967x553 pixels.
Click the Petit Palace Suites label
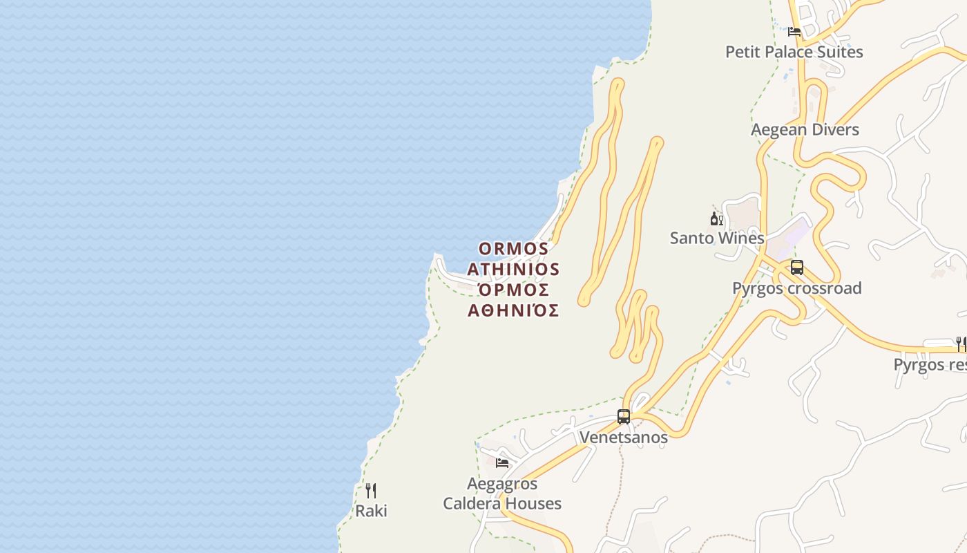(794, 52)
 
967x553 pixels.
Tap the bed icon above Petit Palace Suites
(794, 32)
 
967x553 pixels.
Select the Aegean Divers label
(805, 130)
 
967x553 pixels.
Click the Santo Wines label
(717, 238)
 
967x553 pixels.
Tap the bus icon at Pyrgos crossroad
(797, 268)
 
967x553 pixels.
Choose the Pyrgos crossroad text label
(796, 288)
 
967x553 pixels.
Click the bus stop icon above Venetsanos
(624, 417)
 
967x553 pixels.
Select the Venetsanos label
(624, 438)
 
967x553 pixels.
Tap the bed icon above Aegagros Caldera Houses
(502, 462)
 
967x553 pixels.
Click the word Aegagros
(502, 484)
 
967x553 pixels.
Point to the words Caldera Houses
(502, 504)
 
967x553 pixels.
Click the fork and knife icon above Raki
(371, 491)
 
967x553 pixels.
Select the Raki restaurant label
(371, 512)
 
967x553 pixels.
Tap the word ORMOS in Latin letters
(514, 248)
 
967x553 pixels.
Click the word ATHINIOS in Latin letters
(513, 268)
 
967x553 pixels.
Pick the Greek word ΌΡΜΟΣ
(513, 290)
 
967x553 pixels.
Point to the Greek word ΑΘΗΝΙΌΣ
(513, 310)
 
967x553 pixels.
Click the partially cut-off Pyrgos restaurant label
(930, 364)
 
